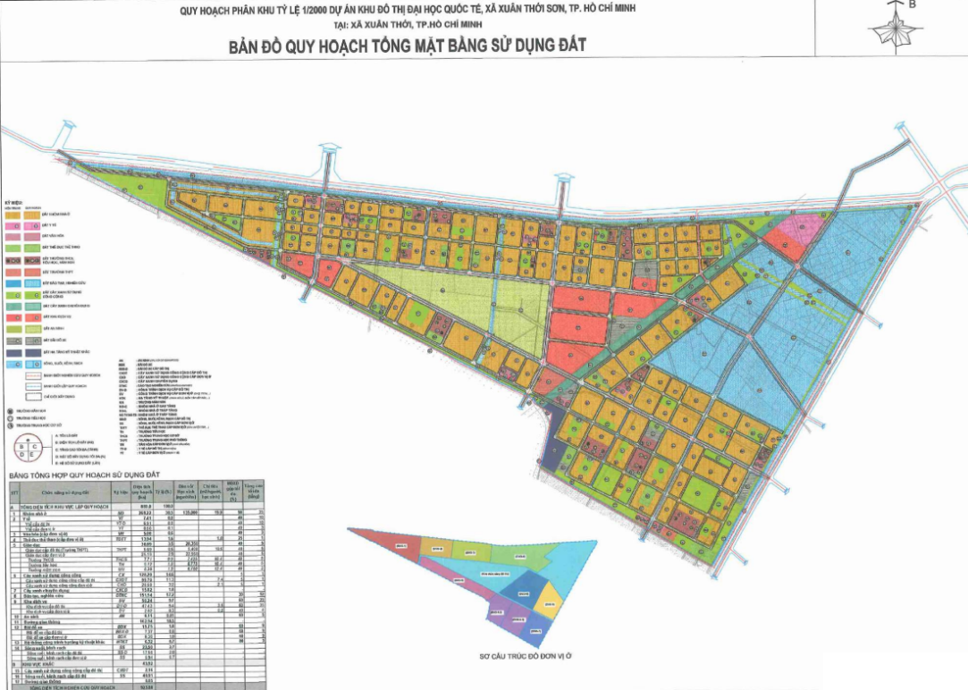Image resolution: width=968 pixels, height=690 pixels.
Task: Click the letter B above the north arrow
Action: coord(913,4)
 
